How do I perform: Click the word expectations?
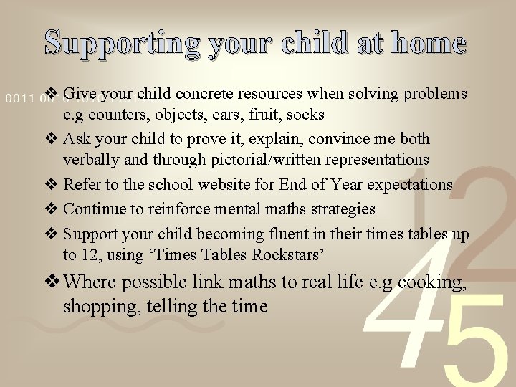pos(410,184)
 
